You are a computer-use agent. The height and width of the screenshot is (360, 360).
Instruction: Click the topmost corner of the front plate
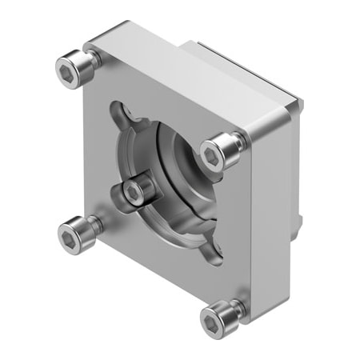128,22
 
